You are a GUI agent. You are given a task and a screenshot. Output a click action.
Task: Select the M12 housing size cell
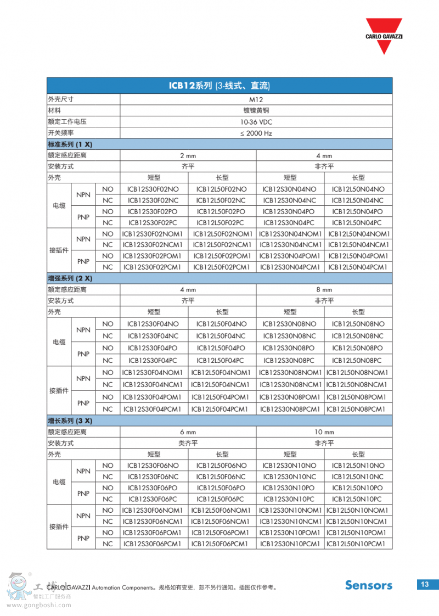256,99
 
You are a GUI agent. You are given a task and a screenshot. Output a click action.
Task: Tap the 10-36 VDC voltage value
256,122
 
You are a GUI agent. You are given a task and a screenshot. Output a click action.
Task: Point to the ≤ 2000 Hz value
256,133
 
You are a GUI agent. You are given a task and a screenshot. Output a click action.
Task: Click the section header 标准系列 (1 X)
70,144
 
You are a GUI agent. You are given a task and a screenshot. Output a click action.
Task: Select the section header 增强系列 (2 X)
70,278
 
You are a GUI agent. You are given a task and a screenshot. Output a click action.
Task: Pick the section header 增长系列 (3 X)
70,421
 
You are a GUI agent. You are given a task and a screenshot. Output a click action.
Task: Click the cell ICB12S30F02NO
154,189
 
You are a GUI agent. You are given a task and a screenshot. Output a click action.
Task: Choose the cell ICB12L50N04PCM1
358,267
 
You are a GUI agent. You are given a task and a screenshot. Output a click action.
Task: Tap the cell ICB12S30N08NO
290,324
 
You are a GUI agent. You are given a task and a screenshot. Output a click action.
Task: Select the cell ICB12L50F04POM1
222,397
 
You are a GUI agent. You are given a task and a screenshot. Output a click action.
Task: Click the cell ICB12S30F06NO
154,466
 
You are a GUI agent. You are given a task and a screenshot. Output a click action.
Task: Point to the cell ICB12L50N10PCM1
358,544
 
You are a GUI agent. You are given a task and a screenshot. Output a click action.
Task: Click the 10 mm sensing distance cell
324,432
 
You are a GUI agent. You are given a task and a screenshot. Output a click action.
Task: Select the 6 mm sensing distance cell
188,432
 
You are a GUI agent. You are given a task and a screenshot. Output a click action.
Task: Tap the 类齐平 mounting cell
188,443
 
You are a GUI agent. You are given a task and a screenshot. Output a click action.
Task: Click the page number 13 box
425,584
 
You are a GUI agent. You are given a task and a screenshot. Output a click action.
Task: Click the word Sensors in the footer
369,585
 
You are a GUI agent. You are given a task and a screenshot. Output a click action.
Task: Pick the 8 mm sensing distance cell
324,289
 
